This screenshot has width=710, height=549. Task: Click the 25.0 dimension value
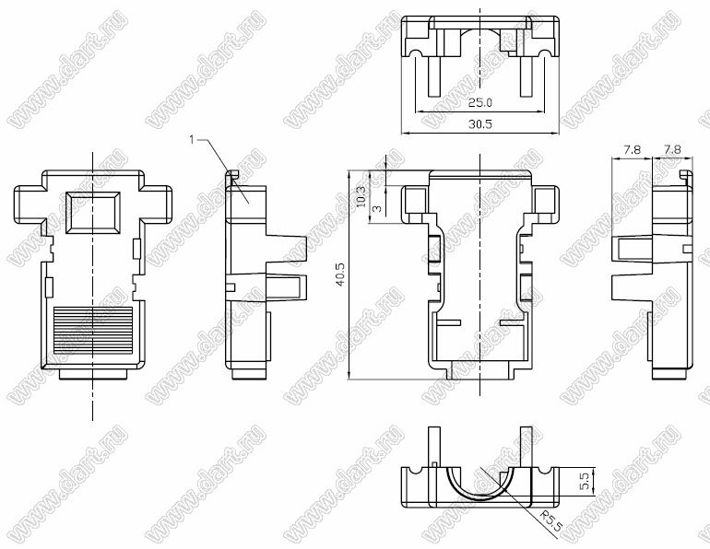pyautogui.click(x=480, y=102)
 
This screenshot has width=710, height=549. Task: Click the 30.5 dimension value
pyautogui.click(x=480, y=124)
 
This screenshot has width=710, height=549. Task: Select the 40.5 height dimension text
pyautogui.click(x=340, y=274)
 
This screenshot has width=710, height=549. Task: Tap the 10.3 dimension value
pyautogui.click(x=361, y=197)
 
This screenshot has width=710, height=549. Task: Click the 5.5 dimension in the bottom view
pyautogui.click(x=584, y=481)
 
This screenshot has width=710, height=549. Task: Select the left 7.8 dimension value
pyautogui.click(x=632, y=149)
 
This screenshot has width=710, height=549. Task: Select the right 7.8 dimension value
pyautogui.click(x=672, y=149)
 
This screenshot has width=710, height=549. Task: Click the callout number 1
pyautogui.click(x=192, y=140)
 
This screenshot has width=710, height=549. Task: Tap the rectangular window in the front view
pyautogui.click(x=93, y=213)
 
